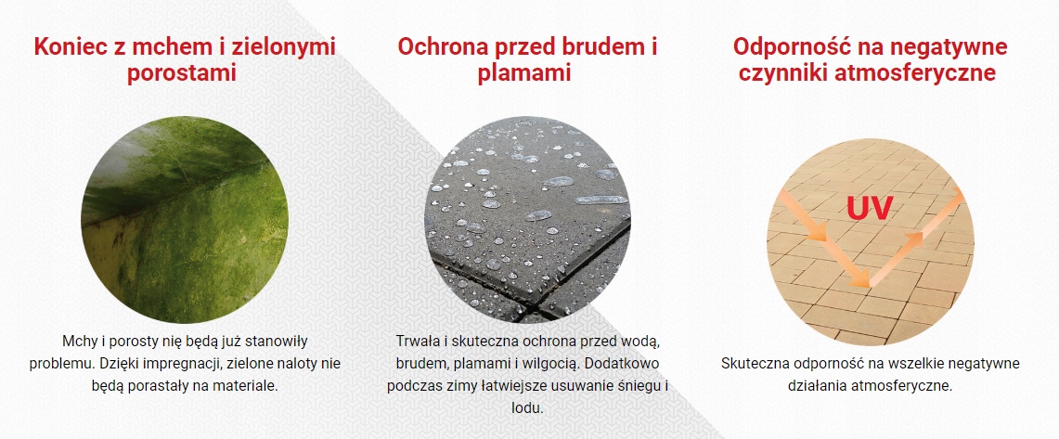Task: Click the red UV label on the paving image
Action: [x=869, y=208]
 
